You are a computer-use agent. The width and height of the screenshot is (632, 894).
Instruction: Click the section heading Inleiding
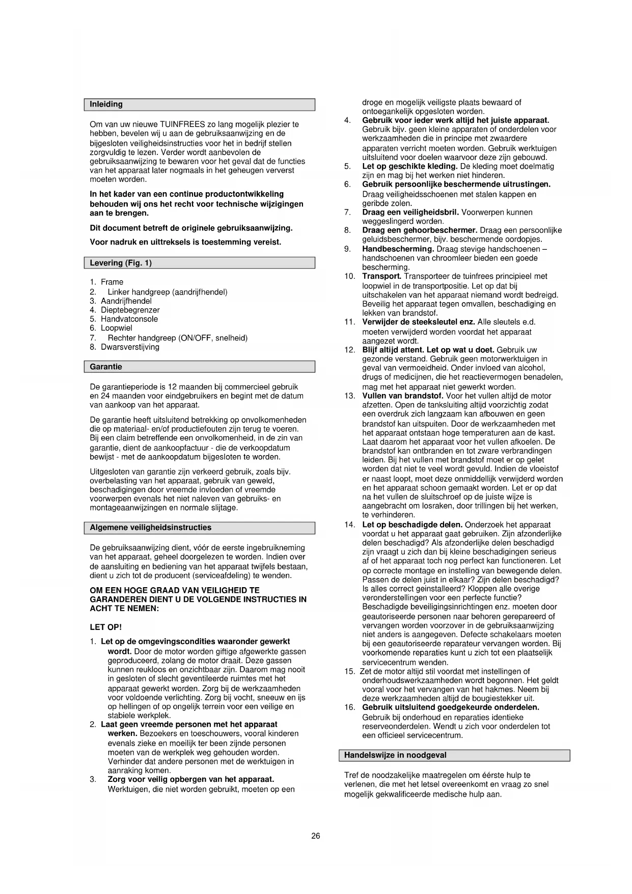(106, 104)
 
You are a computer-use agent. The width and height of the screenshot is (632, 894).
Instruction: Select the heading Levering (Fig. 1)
(121, 263)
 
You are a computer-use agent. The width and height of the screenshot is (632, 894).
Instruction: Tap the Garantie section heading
(106, 367)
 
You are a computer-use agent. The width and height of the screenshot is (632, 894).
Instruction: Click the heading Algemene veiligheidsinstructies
(150, 528)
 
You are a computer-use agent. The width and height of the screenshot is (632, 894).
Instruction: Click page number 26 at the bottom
(316, 836)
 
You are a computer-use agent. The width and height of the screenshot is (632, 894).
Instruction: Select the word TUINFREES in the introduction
(183, 124)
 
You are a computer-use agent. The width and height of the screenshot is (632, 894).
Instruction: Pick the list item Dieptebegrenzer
(130, 310)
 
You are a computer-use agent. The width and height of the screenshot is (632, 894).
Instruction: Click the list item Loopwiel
(117, 328)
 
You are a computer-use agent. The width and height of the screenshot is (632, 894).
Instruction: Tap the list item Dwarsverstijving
(130, 347)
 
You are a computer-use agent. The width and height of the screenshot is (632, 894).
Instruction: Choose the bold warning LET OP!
(106, 627)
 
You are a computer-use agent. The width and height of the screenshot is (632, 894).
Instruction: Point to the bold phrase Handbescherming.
(398, 249)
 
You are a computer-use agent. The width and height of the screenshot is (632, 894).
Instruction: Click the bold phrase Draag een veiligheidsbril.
(410, 212)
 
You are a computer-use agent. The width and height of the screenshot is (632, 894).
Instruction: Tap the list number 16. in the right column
(349, 707)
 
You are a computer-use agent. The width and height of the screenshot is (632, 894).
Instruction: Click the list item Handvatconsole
(129, 319)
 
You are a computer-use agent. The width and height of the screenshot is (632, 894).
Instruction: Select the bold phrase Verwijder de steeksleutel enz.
(419, 322)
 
